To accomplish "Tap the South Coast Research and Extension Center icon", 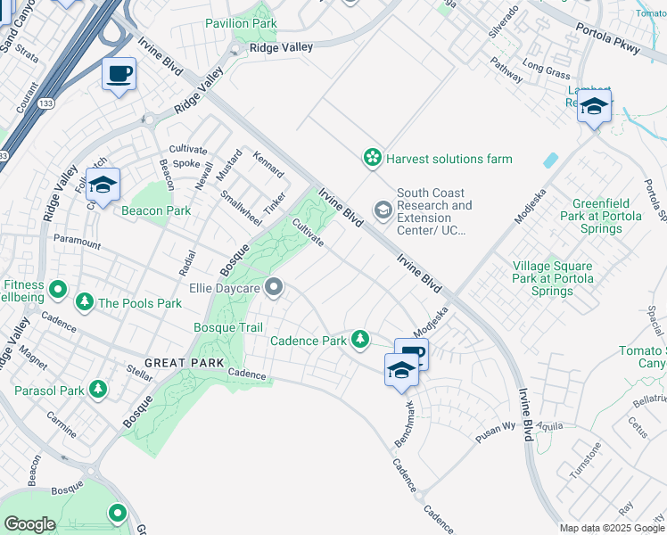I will click(x=383, y=210).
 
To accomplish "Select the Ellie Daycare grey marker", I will click(x=275, y=287).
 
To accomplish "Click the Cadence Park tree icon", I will click(x=359, y=339).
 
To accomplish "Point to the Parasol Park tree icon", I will click(x=97, y=390).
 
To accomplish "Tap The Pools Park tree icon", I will click(x=85, y=302).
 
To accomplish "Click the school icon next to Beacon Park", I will click(x=103, y=185).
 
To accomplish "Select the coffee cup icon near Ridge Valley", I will click(x=119, y=74).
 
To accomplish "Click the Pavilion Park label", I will click(x=240, y=22).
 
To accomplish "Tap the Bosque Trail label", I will click(x=228, y=327).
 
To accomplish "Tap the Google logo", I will click(x=29, y=523).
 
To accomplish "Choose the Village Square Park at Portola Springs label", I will click(x=552, y=278).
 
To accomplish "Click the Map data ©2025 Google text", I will click(x=613, y=528).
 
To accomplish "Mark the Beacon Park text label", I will click(x=156, y=211).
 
